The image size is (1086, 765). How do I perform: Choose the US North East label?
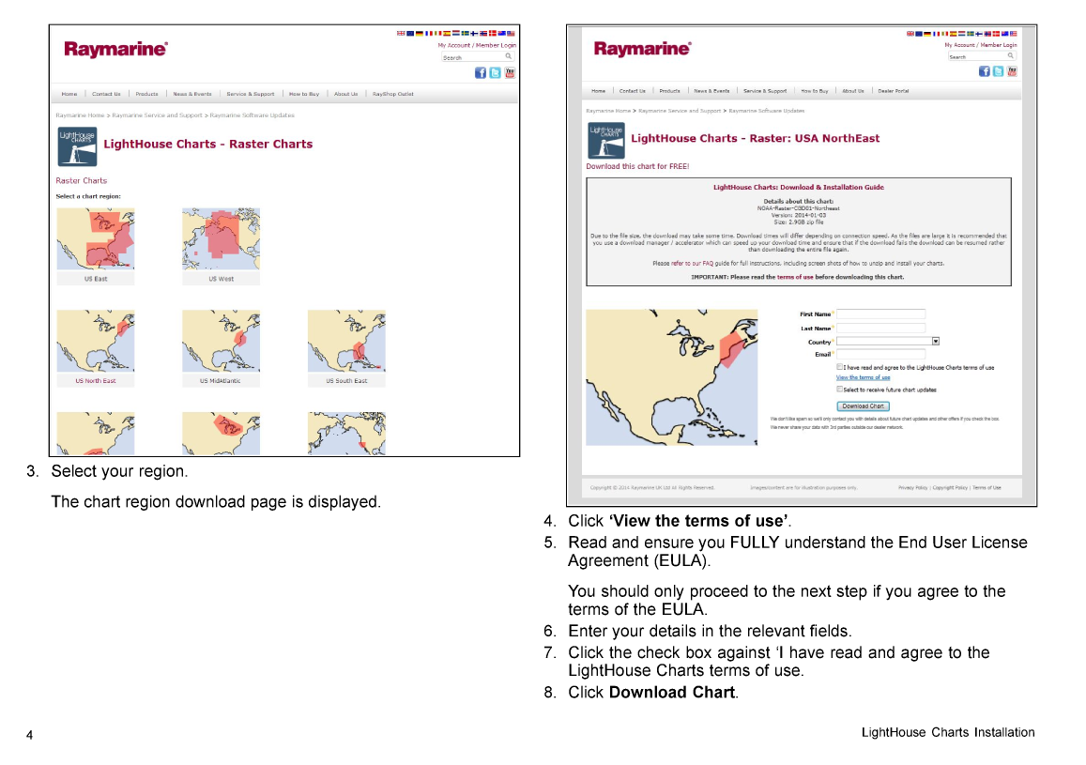pos(96,381)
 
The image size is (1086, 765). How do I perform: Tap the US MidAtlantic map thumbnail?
pos(221,341)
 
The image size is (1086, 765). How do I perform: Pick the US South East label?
pos(346,381)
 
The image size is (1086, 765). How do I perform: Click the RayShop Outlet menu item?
pos(392,94)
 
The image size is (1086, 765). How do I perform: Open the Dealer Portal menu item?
pos(893,91)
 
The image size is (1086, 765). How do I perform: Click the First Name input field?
pos(880,314)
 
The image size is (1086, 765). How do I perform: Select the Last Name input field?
pos(880,328)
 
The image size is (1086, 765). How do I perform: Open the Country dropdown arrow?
pos(936,342)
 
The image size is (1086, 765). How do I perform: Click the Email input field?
pos(880,354)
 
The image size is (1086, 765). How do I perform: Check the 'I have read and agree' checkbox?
pos(839,368)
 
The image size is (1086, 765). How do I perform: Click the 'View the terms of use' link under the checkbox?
pos(863,377)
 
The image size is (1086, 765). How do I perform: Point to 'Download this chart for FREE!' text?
pos(637,166)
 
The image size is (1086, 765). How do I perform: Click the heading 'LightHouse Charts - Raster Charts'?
pos(207,145)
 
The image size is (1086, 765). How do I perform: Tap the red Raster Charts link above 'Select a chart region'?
pos(82,180)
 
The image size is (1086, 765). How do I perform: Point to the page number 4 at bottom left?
pos(29,734)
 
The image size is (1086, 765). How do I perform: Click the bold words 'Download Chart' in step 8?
pos(671,693)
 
